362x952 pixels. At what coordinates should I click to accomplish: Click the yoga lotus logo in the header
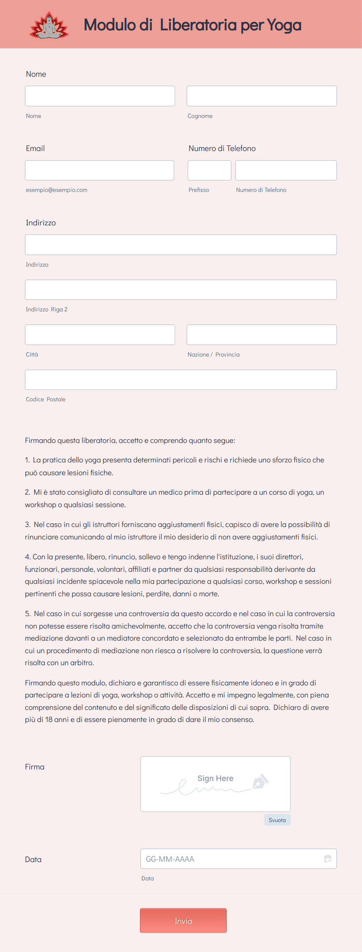click(x=49, y=26)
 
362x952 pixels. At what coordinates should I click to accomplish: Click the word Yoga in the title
click(x=284, y=25)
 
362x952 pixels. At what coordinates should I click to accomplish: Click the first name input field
click(x=100, y=96)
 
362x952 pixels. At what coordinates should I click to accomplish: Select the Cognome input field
click(x=262, y=96)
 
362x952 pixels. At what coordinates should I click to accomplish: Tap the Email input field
click(x=99, y=170)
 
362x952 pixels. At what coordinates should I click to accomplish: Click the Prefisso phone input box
click(x=209, y=170)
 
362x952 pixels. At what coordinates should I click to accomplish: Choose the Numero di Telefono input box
click(x=286, y=170)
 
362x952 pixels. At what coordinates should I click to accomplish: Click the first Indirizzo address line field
click(x=181, y=245)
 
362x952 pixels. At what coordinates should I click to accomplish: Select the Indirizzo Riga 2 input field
click(x=181, y=290)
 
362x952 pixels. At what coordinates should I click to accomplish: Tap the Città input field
click(x=100, y=335)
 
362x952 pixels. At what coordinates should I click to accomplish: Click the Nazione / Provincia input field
click(x=262, y=335)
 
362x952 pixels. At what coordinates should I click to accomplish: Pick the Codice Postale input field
click(x=181, y=380)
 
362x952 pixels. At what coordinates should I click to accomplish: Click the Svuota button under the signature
click(x=277, y=820)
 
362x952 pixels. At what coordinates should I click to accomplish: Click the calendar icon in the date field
click(x=328, y=859)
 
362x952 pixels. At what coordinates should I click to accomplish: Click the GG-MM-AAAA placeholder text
click(x=170, y=859)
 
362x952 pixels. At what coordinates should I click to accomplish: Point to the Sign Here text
click(x=215, y=778)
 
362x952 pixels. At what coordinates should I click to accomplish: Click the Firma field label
click(x=35, y=767)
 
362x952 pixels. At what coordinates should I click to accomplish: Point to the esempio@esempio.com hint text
click(x=56, y=190)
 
